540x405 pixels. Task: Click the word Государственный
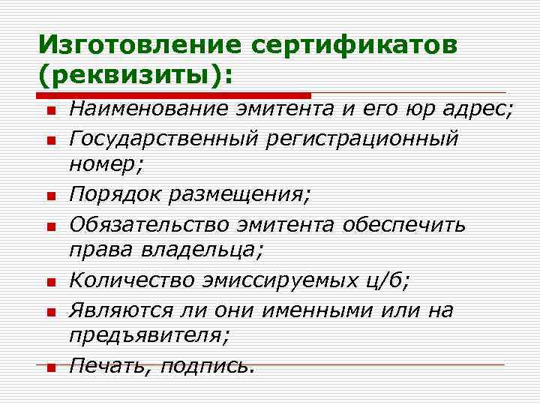point(166,139)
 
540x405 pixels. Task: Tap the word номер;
point(102,166)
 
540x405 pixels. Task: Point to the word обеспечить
point(406,223)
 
